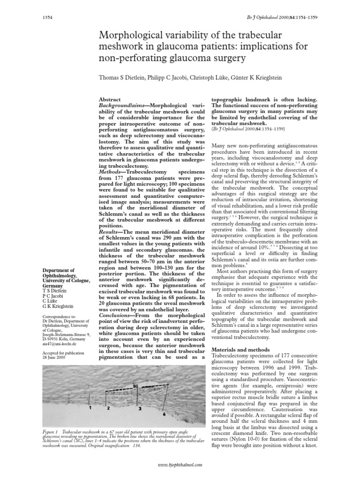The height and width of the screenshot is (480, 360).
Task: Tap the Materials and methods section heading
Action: pos(241,350)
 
